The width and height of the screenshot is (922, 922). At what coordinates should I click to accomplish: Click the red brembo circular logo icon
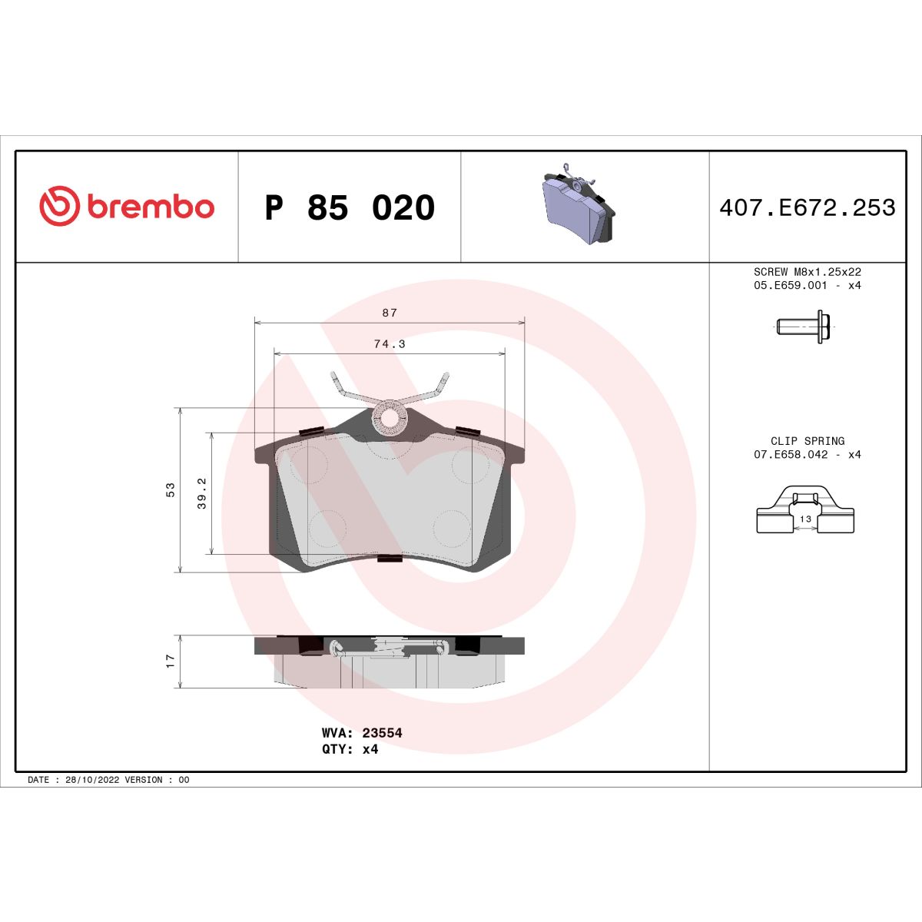pos(59,207)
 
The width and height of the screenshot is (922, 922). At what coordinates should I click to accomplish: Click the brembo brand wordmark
pos(150,207)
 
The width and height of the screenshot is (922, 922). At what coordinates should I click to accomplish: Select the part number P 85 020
pos(350,208)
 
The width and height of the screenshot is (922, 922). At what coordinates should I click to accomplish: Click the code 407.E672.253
pos(807,208)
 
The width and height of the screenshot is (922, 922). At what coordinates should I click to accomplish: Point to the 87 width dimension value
pos(390,313)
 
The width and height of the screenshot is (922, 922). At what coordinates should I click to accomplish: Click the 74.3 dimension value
pos(390,344)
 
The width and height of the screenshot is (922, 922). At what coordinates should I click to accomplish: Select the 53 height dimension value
pos(171,489)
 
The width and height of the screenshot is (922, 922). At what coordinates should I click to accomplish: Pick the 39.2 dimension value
pos(202,493)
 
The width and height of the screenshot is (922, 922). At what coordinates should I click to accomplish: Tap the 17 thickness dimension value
pos(171,661)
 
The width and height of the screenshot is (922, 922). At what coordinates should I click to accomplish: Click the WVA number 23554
pos(382,733)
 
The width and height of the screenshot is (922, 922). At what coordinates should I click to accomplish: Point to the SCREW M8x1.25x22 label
pos(807,272)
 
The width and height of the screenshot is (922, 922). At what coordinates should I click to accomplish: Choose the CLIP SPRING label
pos(807,441)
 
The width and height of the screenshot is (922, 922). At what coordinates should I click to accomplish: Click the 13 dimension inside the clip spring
pos(805,519)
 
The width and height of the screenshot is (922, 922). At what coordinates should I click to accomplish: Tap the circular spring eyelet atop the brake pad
pos(390,419)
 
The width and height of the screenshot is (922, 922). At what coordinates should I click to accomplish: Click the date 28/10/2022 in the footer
pos(89,780)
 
